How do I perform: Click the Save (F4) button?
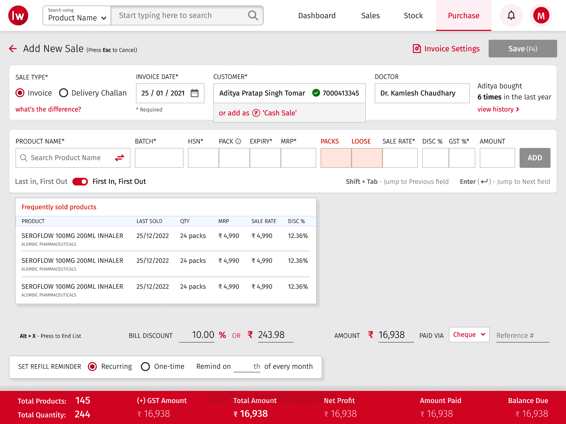pos(522,49)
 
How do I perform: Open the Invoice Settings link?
pos(446,49)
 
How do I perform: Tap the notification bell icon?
pos(511,15)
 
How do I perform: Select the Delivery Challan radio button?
pos(64,93)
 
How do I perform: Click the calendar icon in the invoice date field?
pos(195,93)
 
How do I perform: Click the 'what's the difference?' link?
pos(48,109)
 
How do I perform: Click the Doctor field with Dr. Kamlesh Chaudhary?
pos(422,93)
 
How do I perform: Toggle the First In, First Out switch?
pos(80,182)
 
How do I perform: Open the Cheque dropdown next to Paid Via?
pos(469,335)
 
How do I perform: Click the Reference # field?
pos(522,335)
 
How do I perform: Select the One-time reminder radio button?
pos(145,367)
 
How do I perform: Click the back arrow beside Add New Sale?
pos(13,49)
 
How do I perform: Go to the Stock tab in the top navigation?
pos(413,15)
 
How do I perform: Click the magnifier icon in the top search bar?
pos(253,15)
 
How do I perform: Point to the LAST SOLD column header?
pos(149,221)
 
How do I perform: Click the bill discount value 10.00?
pos(203,335)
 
